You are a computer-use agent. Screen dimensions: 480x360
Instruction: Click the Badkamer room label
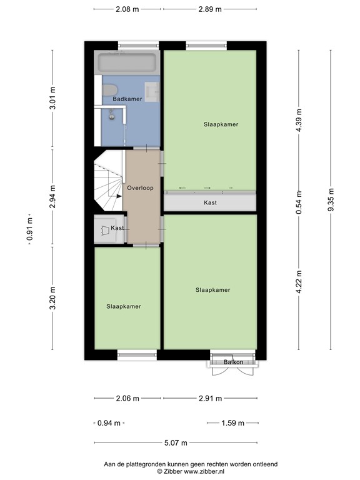(127, 99)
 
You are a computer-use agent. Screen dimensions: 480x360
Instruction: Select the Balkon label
(232, 362)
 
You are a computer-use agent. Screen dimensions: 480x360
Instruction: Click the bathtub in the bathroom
(127, 64)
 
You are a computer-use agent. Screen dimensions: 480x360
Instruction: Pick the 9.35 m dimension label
(331, 201)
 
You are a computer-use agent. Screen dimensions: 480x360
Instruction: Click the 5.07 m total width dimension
(176, 443)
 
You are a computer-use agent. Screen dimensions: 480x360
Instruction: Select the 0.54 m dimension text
(299, 202)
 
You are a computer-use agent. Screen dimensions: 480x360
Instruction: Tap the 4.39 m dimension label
(299, 125)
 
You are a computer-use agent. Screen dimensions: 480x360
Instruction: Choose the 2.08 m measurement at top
(127, 10)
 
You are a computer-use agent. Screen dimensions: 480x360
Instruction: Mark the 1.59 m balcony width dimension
(232, 423)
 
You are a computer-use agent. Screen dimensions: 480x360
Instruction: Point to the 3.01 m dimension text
(52, 100)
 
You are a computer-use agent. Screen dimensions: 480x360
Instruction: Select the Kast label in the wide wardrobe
(211, 203)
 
